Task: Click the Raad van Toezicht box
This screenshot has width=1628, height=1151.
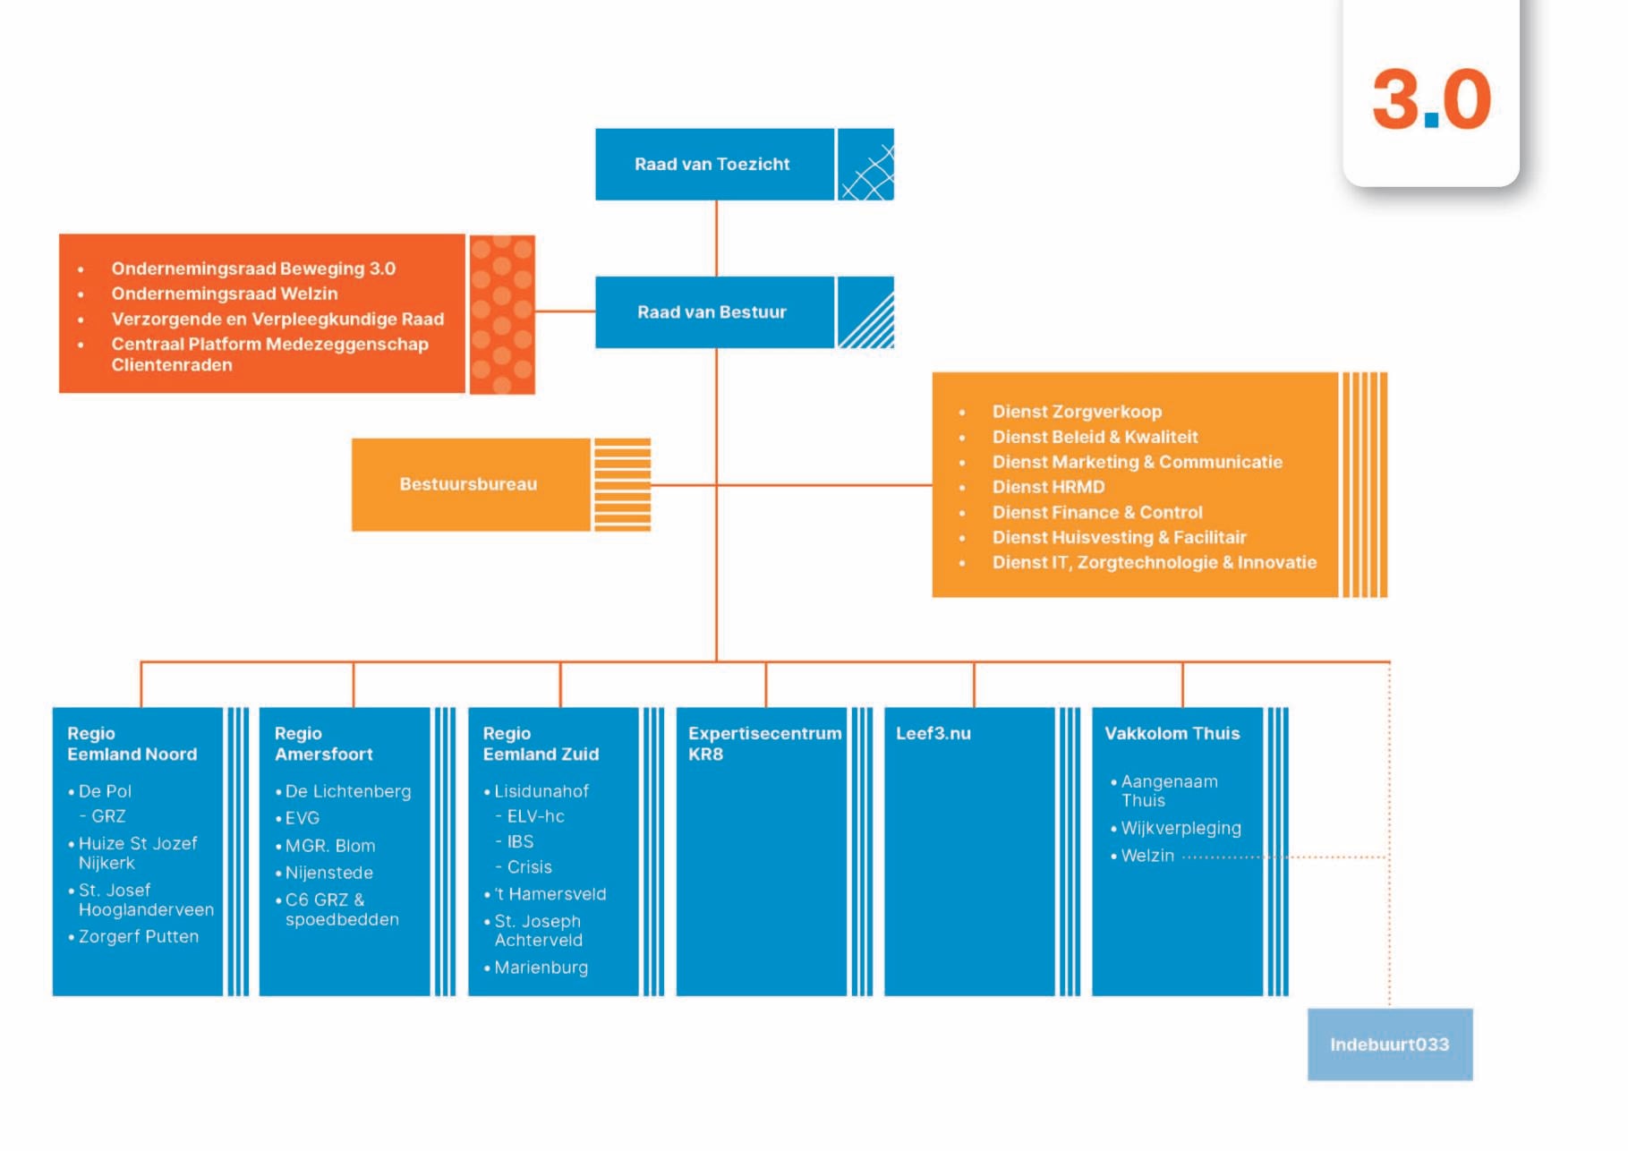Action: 713,165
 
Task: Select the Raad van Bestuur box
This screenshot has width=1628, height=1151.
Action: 713,312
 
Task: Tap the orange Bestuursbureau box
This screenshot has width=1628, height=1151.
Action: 469,484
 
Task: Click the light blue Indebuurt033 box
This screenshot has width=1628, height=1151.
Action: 1389,1044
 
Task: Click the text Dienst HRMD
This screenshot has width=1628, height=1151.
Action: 1048,487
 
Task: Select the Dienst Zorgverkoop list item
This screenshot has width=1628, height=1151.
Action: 1077,412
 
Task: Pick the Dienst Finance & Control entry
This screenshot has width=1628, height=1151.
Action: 1097,512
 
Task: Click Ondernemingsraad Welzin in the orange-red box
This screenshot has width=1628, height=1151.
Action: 225,294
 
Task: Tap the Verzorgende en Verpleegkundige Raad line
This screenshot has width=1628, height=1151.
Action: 277,319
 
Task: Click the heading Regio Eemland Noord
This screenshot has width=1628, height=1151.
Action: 132,744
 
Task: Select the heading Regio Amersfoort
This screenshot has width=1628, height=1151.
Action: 323,744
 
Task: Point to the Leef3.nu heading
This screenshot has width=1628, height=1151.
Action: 933,733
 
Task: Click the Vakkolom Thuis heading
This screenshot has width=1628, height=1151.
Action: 1172,733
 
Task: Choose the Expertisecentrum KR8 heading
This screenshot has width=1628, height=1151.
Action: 763,744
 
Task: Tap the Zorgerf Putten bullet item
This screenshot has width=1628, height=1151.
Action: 139,936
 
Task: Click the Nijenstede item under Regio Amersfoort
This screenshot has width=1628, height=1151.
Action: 328,873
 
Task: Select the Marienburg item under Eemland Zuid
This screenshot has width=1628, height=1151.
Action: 541,968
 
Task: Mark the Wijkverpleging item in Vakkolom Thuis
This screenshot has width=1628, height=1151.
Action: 1181,828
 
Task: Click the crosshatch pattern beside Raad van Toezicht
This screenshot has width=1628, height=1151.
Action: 865,165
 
